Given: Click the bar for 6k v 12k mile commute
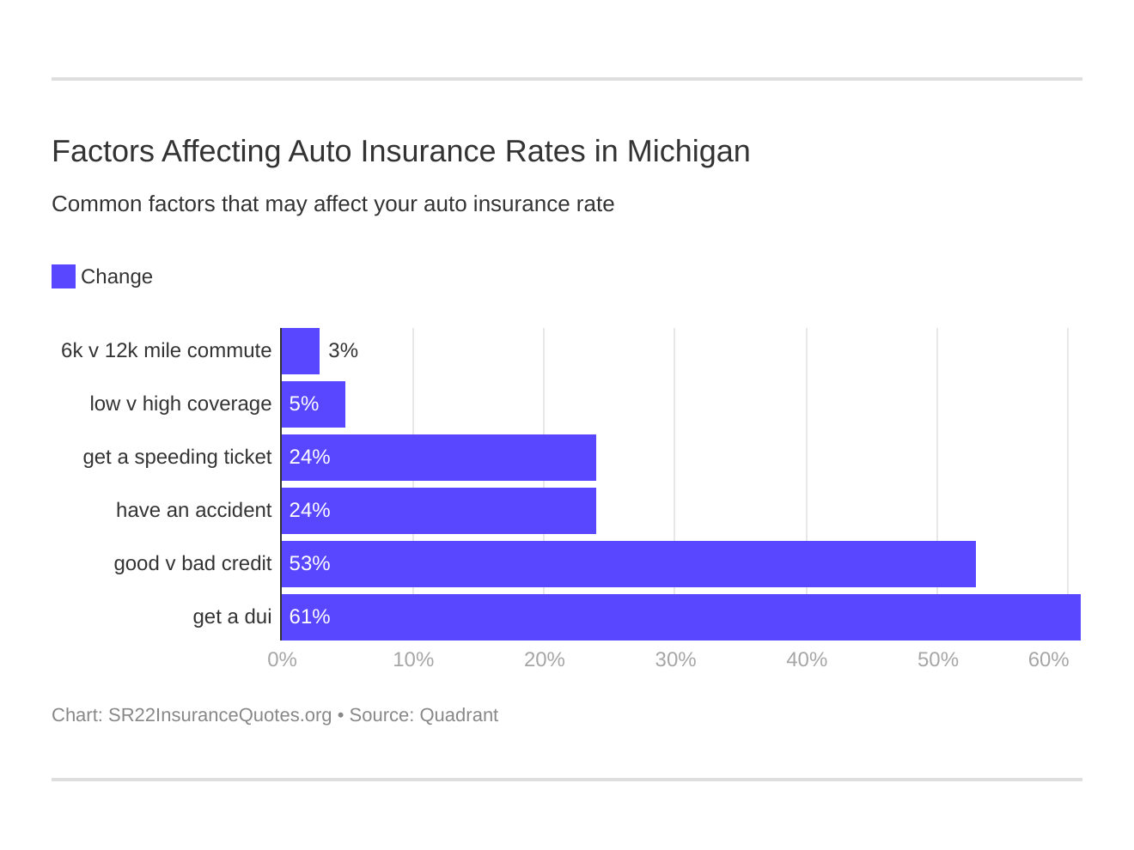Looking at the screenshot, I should pyautogui.click(x=301, y=351).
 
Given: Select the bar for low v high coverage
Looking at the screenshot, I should pyautogui.click(x=314, y=404).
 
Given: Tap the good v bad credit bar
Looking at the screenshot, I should pyautogui.click(x=628, y=564).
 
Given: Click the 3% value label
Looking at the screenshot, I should pyautogui.click(x=343, y=351).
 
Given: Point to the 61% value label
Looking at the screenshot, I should pyautogui.click(x=309, y=617).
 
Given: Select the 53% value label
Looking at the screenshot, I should pyautogui.click(x=309, y=564).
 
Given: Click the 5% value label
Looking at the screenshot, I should pyautogui.click(x=303, y=404).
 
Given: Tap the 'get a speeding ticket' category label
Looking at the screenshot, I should pyautogui.click(x=177, y=458).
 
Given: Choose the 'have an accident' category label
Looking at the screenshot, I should pyautogui.click(x=193, y=511).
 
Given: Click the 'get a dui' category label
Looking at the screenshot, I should pyautogui.click(x=232, y=617).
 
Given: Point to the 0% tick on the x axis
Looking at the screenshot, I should pyautogui.click(x=282, y=660).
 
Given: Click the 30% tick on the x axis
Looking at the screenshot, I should pyautogui.click(x=675, y=660).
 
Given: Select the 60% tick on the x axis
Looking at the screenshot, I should pyautogui.click(x=1048, y=660).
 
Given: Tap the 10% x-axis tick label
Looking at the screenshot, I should pyautogui.click(x=413, y=660).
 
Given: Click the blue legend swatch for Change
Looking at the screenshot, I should pyautogui.click(x=64, y=276).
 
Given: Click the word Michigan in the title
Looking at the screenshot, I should pyautogui.click(x=688, y=152).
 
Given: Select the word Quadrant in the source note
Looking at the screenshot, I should pyautogui.click(x=459, y=715).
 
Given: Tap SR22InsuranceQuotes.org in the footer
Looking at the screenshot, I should pyautogui.click(x=220, y=715).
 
